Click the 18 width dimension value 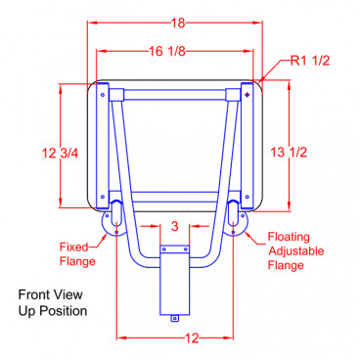179,22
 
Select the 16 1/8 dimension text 167,51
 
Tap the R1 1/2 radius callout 310,61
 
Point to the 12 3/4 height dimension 61,153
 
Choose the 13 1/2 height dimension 289,152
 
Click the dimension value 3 175,226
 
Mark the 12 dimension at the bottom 192,338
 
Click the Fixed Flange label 77,254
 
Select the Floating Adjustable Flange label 295,250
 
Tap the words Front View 50,294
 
